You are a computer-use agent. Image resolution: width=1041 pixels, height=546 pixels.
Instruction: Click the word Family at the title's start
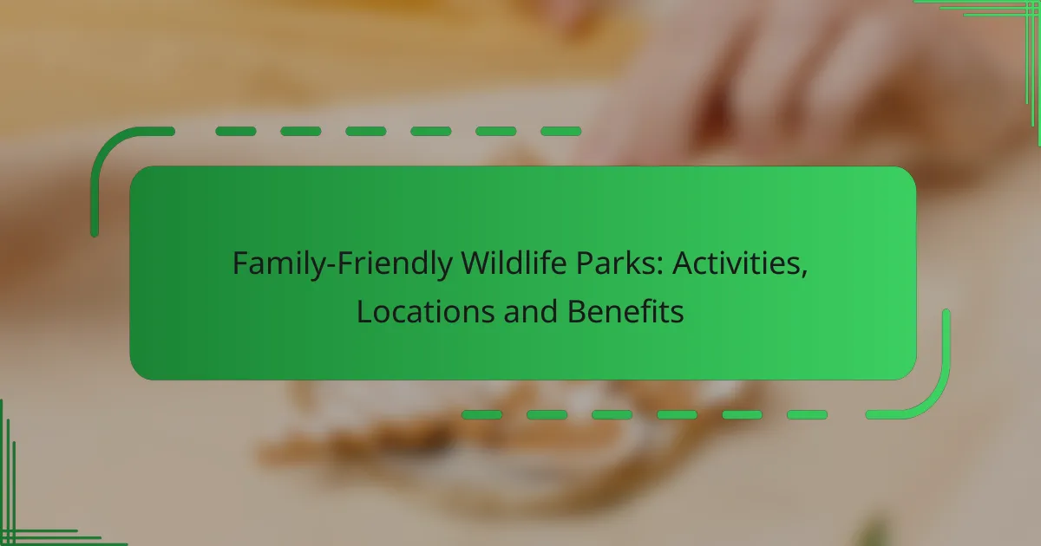[x=267, y=263]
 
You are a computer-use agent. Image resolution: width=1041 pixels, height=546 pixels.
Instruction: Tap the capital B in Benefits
[x=577, y=312]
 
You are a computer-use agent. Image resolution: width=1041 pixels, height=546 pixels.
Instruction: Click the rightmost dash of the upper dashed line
[x=560, y=132]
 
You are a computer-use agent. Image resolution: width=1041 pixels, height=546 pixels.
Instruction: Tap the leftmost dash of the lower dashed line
[x=481, y=415]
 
